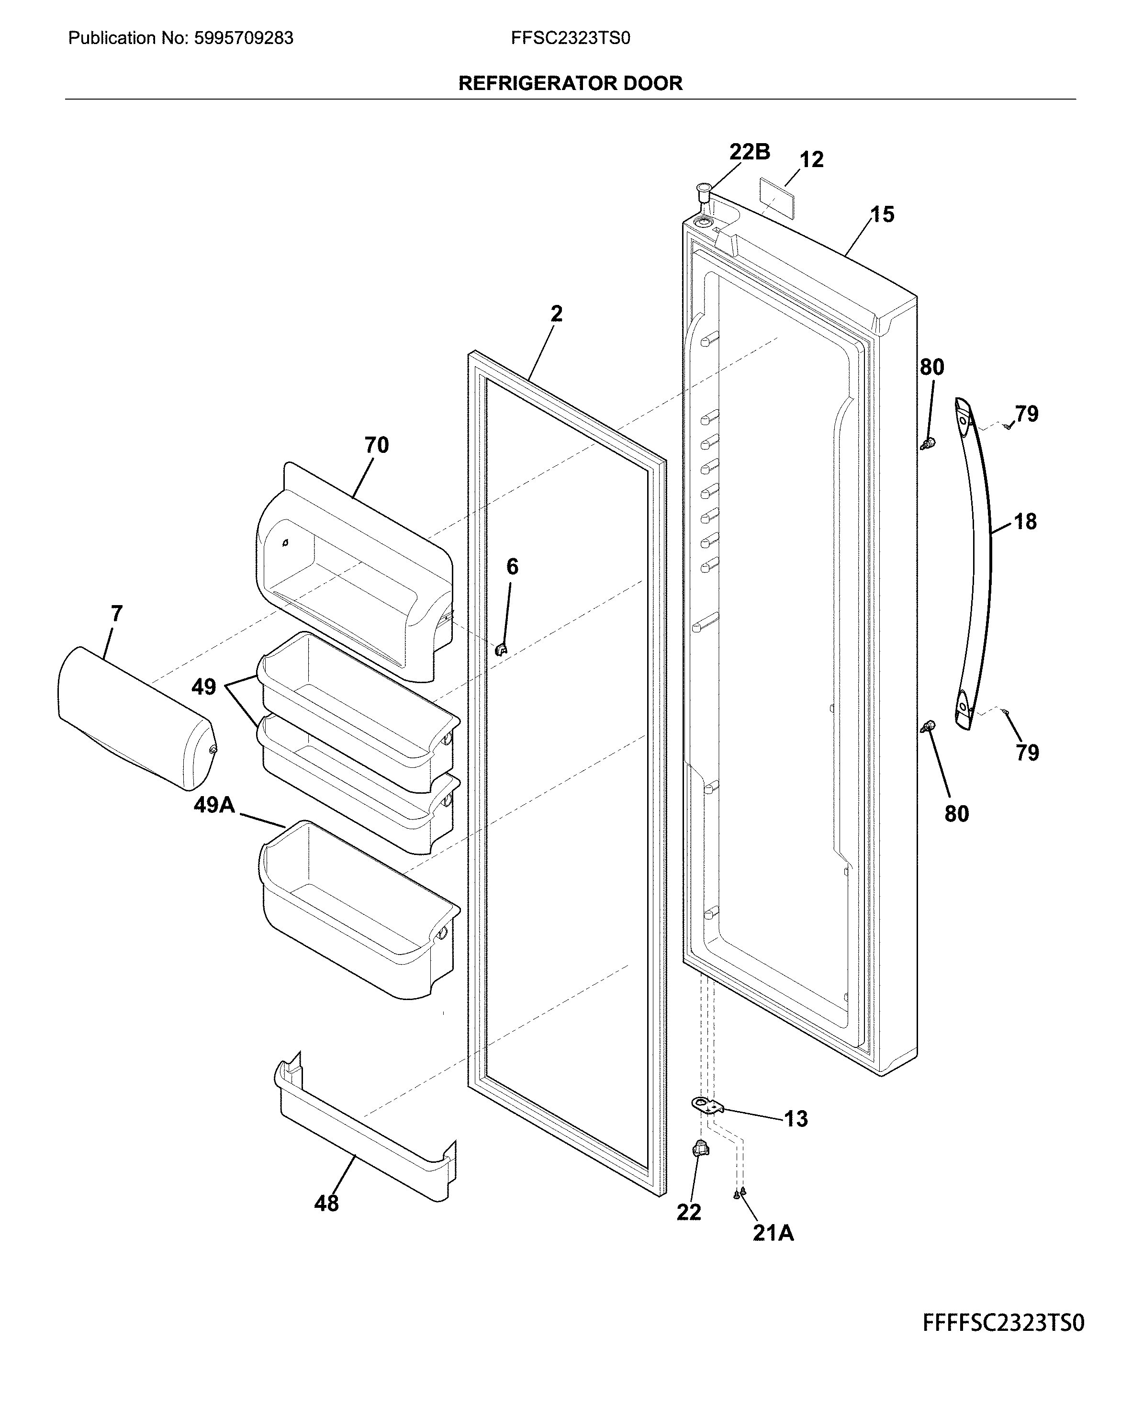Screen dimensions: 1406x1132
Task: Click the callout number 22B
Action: point(749,152)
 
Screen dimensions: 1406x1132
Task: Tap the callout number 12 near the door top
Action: point(812,160)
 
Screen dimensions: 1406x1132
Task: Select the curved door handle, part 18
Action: point(981,561)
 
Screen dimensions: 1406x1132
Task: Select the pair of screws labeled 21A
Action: point(740,1193)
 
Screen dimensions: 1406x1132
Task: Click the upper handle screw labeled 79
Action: point(1008,427)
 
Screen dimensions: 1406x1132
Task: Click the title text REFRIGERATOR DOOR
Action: point(570,83)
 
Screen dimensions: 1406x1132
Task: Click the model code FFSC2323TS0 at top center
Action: point(570,38)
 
